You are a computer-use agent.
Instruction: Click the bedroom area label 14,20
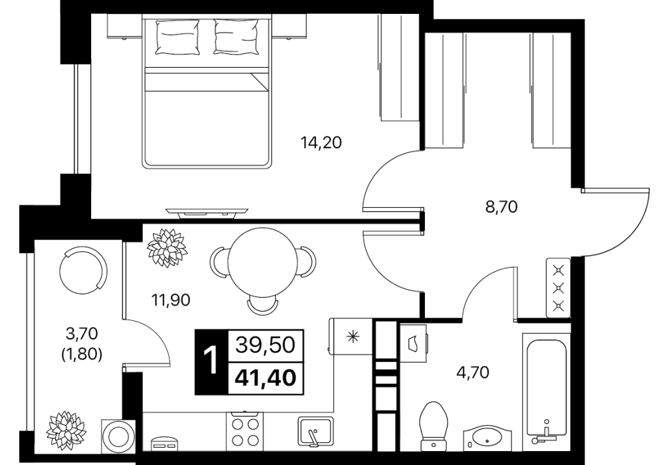pos(321,142)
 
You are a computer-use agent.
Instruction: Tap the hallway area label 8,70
pos(501,207)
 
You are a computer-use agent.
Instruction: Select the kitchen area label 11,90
pos(171,300)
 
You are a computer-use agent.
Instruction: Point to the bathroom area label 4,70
pos(473,373)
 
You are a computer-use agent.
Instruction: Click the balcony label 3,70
pos(82,332)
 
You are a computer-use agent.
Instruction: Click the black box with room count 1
pos(211,362)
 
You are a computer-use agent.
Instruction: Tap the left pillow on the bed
pos(178,37)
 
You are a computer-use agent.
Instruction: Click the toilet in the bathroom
pos(433,425)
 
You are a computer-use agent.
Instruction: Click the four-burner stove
pos(245,431)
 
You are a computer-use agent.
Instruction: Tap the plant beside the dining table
pos(166,248)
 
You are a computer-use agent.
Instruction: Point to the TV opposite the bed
pos(207,213)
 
